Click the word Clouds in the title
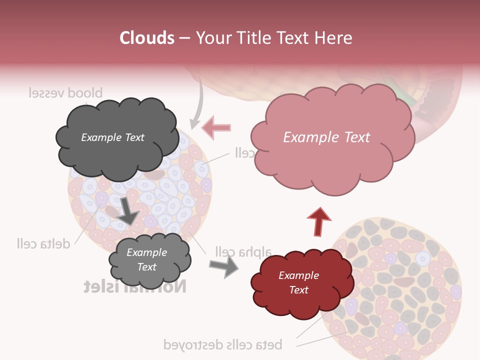tap(147, 38)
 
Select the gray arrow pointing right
tap(223, 267)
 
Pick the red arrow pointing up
tap(318, 222)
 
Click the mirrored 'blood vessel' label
tap(65, 93)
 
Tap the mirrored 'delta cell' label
tap(43, 243)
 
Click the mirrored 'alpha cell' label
tap(243, 251)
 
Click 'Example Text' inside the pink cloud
tap(326, 137)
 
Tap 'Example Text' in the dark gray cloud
tap(112, 137)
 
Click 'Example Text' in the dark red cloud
tap(298, 282)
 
